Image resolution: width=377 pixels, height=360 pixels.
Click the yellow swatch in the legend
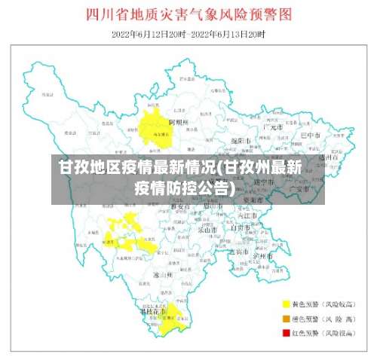coord(287,304)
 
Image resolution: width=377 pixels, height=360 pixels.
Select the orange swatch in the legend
coord(287,318)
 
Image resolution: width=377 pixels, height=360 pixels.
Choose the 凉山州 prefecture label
coord(163,276)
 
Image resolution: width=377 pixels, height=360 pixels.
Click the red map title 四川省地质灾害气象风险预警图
coord(188,15)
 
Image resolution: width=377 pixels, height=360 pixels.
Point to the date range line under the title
coord(188,34)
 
